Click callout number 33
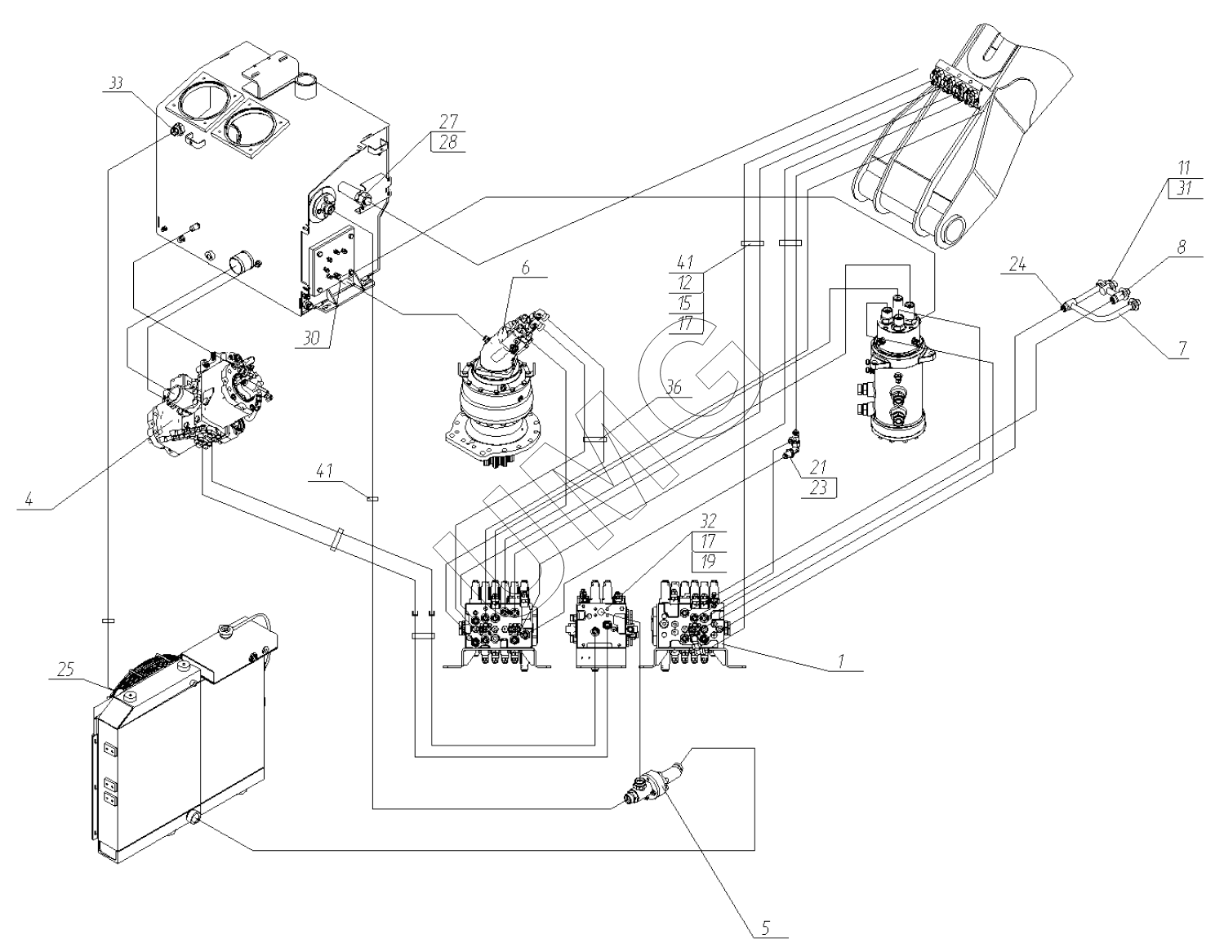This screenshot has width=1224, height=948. (118, 82)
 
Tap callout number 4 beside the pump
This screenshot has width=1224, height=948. (29, 499)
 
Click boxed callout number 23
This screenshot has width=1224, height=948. (819, 487)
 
